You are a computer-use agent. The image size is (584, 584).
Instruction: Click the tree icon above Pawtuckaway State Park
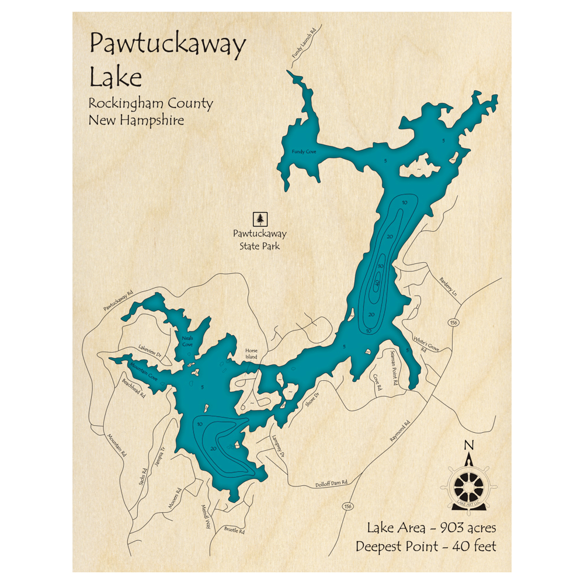pyautogui.click(x=260, y=219)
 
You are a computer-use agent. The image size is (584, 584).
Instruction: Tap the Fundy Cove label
pyautogui.click(x=304, y=152)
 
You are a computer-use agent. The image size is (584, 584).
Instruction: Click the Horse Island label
pyautogui.click(x=251, y=354)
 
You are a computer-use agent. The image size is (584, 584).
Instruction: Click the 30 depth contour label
pyautogui.click(x=380, y=266)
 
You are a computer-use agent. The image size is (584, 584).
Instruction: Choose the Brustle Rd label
pyautogui.click(x=234, y=531)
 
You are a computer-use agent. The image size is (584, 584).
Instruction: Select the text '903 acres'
pyautogui.click(x=466, y=528)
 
